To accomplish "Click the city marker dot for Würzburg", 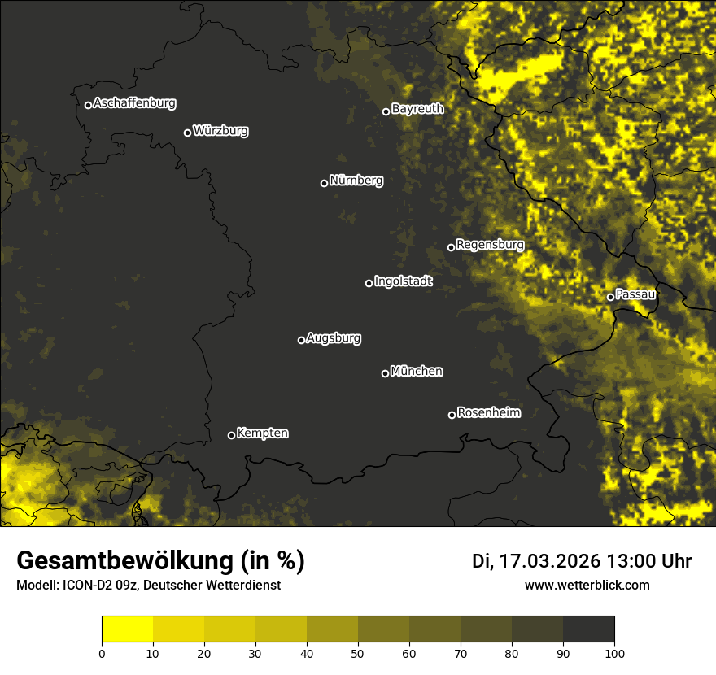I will coord(187,133).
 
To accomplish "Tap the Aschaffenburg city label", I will coord(134,103).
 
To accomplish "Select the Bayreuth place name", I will coord(417,108).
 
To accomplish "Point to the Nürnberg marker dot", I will coord(324,183).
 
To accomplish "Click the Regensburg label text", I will coord(490,244).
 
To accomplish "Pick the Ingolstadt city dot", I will coord(369,283).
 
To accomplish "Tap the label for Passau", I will coord(635,294).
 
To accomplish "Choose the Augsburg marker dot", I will coord(301,340).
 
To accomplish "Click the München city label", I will coord(417,372).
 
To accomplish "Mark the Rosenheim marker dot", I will coord(452,416).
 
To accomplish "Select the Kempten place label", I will coord(262,433).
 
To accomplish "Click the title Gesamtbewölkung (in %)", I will coord(160,560).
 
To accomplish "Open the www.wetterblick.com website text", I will coord(587,585).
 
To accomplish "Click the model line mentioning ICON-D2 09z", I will coord(148,585).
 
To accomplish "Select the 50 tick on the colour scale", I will coord(358,653).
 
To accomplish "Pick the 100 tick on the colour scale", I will coord(614,653).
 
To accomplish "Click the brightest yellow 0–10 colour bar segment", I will coord(128,629).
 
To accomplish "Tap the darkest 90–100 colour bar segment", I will coord(588,629).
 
